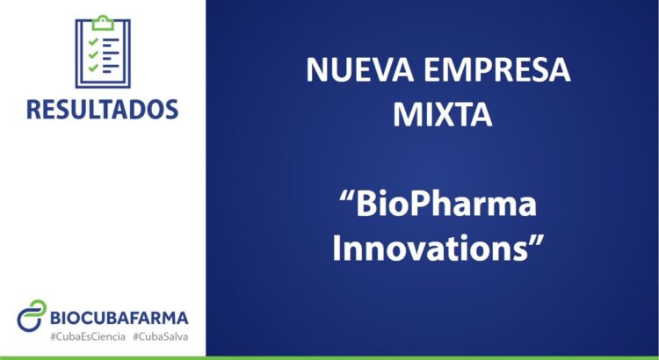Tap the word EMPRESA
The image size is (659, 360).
point(497,70)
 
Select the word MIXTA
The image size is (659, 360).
point(442,114)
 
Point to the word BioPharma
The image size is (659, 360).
point(446,205)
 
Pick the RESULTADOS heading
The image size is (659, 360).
point(103,109)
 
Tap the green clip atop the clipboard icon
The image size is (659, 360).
point(103,23)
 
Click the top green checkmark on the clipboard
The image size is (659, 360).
point(93,41)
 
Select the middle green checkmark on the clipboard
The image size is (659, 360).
point(93,54)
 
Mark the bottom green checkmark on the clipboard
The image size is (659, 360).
point(93,68)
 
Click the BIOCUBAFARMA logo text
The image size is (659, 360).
point(119,318)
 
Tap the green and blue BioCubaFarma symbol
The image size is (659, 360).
point(32,315)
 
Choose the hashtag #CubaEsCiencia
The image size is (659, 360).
point(88,337)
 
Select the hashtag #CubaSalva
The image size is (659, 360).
point(161,337)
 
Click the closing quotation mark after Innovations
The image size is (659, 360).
point(537,241)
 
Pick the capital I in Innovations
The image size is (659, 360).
point(337,249)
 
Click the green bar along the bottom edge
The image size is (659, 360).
point(329,358)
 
